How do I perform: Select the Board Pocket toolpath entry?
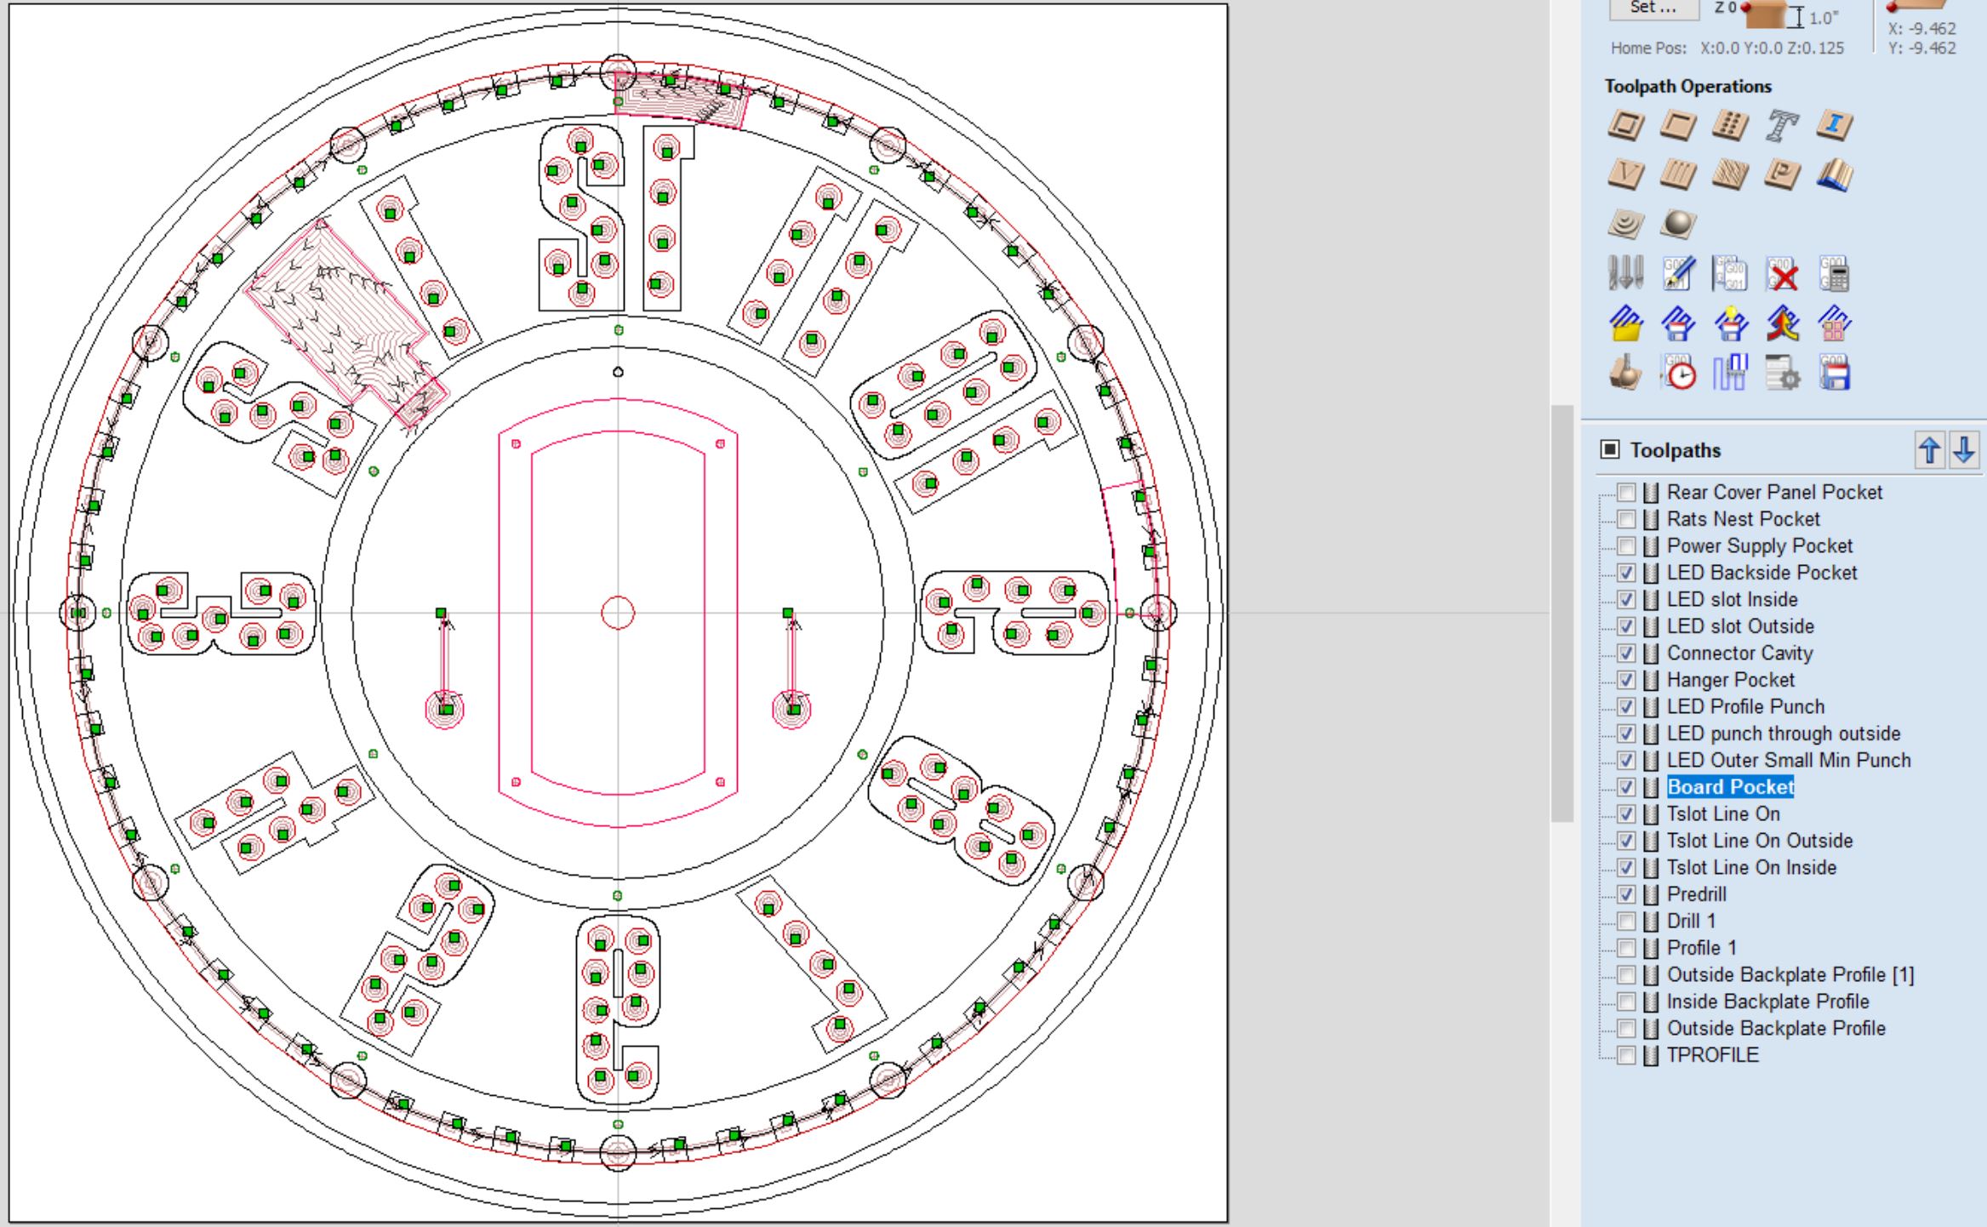1730,787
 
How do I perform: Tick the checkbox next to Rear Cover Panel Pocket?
1626,492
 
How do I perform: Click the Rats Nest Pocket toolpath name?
1743,519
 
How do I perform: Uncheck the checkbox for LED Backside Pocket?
1626,573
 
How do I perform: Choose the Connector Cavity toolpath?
1739,653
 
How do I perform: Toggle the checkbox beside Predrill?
1626,894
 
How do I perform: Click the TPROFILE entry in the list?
1712,1055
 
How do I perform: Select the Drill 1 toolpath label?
1691,921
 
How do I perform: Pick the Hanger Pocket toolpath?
1730,680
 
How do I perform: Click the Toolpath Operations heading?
1687,86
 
